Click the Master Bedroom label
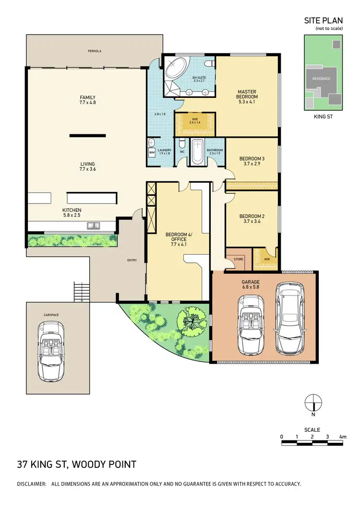(247, 95)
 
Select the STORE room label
(239, 259)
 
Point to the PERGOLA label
(95, 51)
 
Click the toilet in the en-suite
(208, 64)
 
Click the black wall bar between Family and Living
(87, 136)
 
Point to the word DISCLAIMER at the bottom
(31, 484)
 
